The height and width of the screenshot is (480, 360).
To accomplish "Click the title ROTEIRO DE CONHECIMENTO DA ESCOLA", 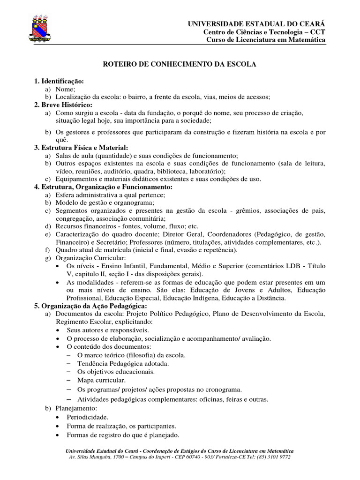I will coord(180,64).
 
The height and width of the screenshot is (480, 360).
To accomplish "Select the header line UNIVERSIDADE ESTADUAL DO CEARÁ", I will coord(256,23).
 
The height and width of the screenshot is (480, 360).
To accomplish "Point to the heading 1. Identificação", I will coord(59,81).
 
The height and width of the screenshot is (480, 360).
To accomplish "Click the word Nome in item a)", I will coord(65,89).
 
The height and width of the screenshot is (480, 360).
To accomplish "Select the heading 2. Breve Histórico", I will coord(63,105).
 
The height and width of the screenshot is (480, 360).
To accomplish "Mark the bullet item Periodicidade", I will coord(88,417).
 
